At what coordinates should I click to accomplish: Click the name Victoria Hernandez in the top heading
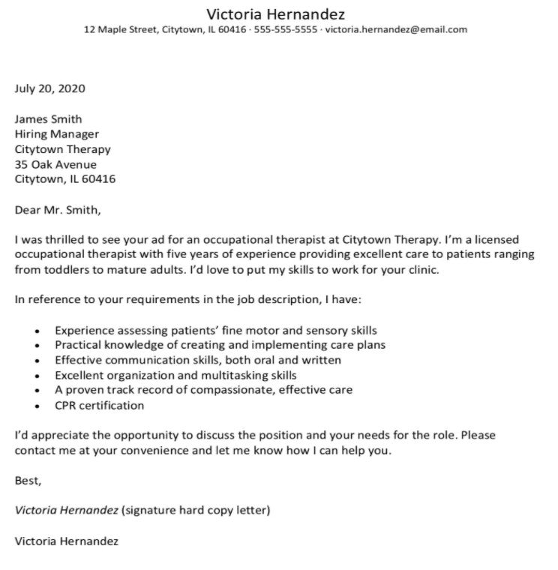coord(276,13)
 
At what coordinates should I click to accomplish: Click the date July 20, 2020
coord(50,88)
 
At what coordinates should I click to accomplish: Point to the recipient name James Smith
coord(49,118)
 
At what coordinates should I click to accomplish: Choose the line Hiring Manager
coord(57,133)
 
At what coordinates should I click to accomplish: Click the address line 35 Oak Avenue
coord(55,164)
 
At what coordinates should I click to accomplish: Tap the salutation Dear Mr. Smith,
coord(57,210)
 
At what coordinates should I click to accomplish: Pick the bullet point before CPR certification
coord(37,406)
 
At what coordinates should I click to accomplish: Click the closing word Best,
coord(28,481)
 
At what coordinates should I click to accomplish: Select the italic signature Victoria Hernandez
coord(67,511)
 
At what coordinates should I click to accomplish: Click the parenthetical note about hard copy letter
coord(196,511)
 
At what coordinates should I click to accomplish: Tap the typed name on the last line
coord(67,541)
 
